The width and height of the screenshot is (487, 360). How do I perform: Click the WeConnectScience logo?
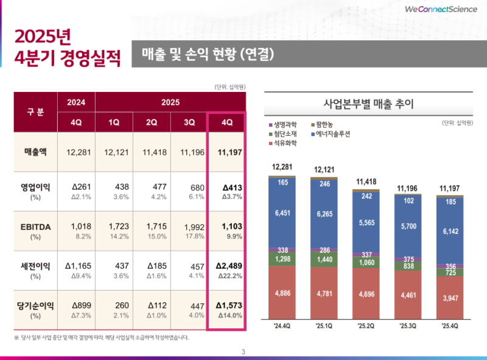point(440,9)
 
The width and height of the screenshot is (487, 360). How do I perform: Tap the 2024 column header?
point(76,102)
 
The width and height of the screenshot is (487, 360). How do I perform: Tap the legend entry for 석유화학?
point(284,144)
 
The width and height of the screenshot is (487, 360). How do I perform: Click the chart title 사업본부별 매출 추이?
point(370,104)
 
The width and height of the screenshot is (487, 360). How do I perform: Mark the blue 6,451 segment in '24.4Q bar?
point(282,213)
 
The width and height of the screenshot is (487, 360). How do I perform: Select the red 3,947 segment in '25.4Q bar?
point(450,298)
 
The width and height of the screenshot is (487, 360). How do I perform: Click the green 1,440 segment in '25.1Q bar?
point(324,259)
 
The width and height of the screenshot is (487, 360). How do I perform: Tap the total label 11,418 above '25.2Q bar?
point(366,182)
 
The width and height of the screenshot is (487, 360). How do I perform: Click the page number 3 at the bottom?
point(243,351)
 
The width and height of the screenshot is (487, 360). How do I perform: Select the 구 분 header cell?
point(35,112)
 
